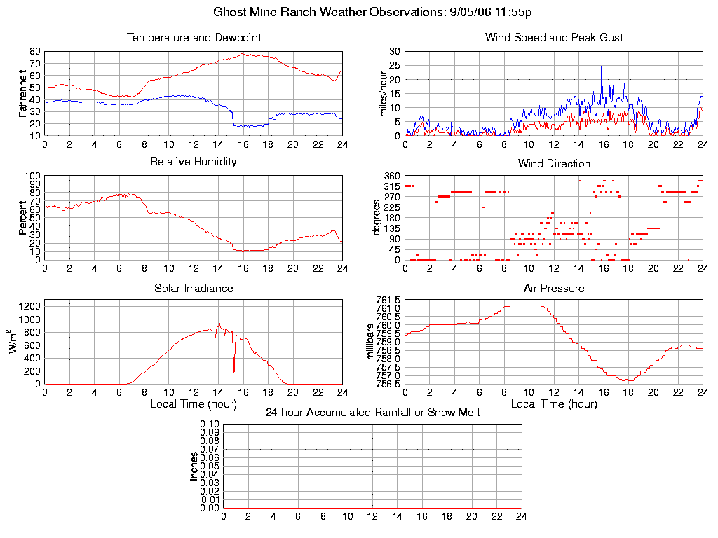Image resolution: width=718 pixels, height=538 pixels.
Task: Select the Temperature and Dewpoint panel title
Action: coord(194,37)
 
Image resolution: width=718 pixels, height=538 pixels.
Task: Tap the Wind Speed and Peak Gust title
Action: coord(554,37)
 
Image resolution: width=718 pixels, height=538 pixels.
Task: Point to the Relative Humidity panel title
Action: coord(194,162)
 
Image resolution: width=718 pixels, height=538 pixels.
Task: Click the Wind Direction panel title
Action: coord(554,163)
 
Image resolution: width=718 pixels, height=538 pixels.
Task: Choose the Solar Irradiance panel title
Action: coord(194,288)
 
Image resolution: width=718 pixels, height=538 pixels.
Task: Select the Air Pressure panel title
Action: coord(554,288)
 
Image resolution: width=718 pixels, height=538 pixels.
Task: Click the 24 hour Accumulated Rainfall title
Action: coord(372,413)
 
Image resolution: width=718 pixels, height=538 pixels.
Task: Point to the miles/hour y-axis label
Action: coord(384,93)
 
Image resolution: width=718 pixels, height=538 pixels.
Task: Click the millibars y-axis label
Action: coord(372,340)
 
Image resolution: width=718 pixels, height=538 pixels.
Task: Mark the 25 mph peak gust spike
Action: coord(602,67)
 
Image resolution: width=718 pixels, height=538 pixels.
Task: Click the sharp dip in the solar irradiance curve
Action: coord(234,370)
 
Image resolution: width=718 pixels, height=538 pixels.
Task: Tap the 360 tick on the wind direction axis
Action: coord(392,175)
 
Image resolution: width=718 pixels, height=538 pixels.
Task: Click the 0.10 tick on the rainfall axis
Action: coord(210,425)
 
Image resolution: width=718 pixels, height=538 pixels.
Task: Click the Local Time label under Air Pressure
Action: coord(554,403)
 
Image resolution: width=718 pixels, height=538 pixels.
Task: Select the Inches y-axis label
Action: coord(194,466)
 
